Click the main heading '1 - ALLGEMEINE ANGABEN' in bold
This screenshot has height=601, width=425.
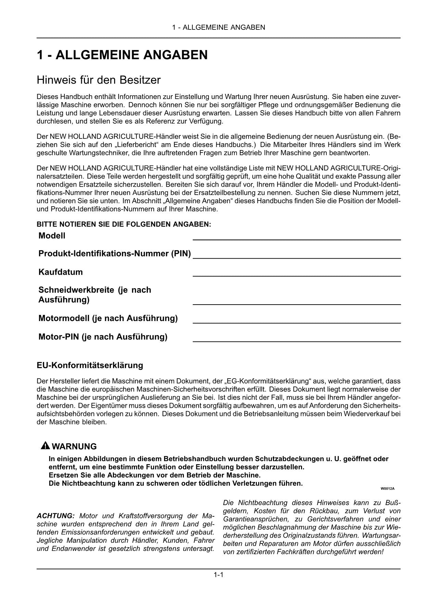(122, 55)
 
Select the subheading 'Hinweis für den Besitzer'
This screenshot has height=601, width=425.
(98, 80)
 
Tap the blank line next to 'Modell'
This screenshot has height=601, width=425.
(297, 239)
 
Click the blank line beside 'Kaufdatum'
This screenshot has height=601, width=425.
(297, 275)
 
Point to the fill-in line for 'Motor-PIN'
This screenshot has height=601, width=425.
(297, 341)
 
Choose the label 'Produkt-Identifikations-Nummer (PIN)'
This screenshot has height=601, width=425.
(114, 254)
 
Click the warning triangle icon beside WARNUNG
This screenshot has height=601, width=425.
(45, 446)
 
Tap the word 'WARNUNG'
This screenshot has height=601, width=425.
(74, 446)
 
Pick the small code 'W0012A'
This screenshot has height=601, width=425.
(387, 489)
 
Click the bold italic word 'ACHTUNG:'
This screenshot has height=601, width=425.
(55, 516)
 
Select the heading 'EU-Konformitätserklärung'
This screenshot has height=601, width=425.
(90, 365)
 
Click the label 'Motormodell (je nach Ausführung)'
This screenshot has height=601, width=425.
(108, 318)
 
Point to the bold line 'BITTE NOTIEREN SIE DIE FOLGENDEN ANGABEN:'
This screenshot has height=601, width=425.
(124, 224)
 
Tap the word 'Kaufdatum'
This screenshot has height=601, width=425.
(61, 272)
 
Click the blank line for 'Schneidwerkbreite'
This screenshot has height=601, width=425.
(297, 304)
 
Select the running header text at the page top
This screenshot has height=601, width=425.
(218, 27)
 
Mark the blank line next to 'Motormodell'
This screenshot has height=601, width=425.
(297, 323)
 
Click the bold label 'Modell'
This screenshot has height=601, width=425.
(52, 236)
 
